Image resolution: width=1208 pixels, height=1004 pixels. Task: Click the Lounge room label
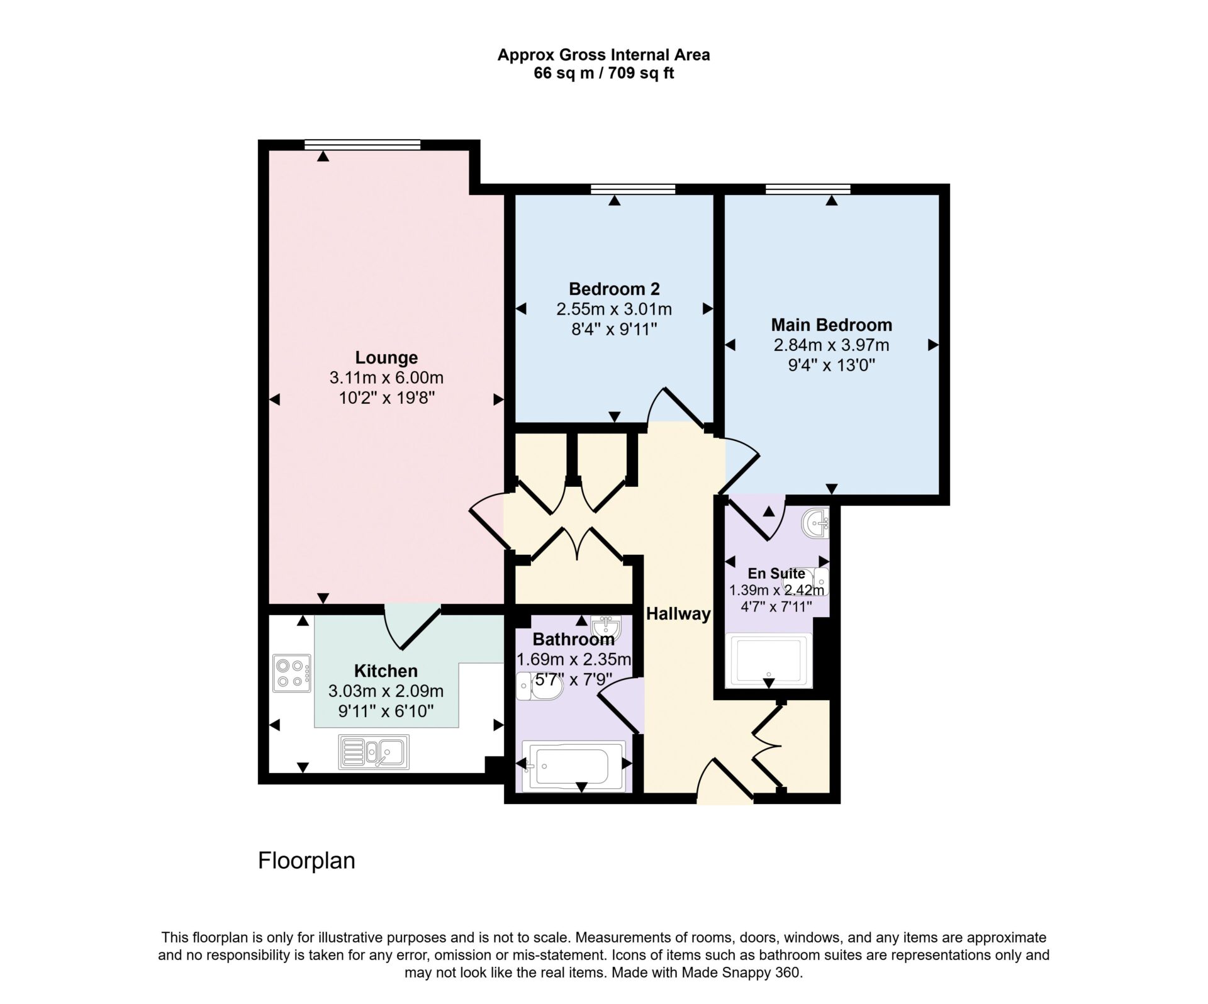point(386,357)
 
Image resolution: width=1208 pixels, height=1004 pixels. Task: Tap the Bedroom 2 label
point(614,289)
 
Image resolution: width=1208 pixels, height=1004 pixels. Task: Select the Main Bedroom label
point(831,325)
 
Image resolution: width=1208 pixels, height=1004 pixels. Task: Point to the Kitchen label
point(386,671)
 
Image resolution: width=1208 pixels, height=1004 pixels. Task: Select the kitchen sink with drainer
point(374,752)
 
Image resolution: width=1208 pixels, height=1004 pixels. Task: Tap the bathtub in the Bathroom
point(574,766)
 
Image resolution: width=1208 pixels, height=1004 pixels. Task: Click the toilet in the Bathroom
point(539,686)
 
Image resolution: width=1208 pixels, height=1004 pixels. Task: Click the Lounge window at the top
point(362,145)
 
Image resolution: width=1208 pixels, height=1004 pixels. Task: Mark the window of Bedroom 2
point(633,189)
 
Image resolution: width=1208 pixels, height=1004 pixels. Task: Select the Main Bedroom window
point(808,189)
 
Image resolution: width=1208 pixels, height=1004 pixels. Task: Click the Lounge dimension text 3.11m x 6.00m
point(386,377)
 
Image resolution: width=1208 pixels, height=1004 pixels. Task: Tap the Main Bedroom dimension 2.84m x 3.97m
point(831,345)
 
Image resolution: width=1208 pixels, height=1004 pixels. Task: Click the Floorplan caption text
point(306,861)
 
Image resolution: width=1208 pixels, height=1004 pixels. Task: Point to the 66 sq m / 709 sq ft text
point(603,73)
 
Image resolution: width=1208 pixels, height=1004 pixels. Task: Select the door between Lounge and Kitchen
point(413,627)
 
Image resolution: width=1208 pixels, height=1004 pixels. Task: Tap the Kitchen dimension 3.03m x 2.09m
point(386,691)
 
